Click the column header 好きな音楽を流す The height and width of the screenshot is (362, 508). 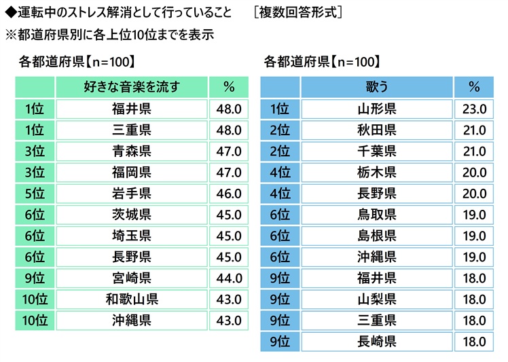131,87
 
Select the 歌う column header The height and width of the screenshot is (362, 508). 376,87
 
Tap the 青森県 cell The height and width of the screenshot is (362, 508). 131,151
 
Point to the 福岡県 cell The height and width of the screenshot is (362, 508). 131,172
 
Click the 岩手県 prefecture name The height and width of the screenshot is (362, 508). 131,194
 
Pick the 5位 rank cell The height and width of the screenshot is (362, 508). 34,194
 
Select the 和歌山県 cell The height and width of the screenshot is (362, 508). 131,299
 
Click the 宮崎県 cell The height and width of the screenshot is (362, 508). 131,278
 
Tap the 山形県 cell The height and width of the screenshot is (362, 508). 376,109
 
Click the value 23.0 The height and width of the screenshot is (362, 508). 473,109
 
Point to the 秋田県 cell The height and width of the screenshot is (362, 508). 376,130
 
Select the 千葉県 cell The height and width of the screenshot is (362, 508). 376,151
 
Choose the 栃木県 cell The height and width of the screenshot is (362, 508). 376,172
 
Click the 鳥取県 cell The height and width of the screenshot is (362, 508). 376,215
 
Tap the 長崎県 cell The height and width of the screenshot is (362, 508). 376,341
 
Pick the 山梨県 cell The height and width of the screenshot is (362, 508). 376,299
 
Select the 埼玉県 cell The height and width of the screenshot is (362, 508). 131,236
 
